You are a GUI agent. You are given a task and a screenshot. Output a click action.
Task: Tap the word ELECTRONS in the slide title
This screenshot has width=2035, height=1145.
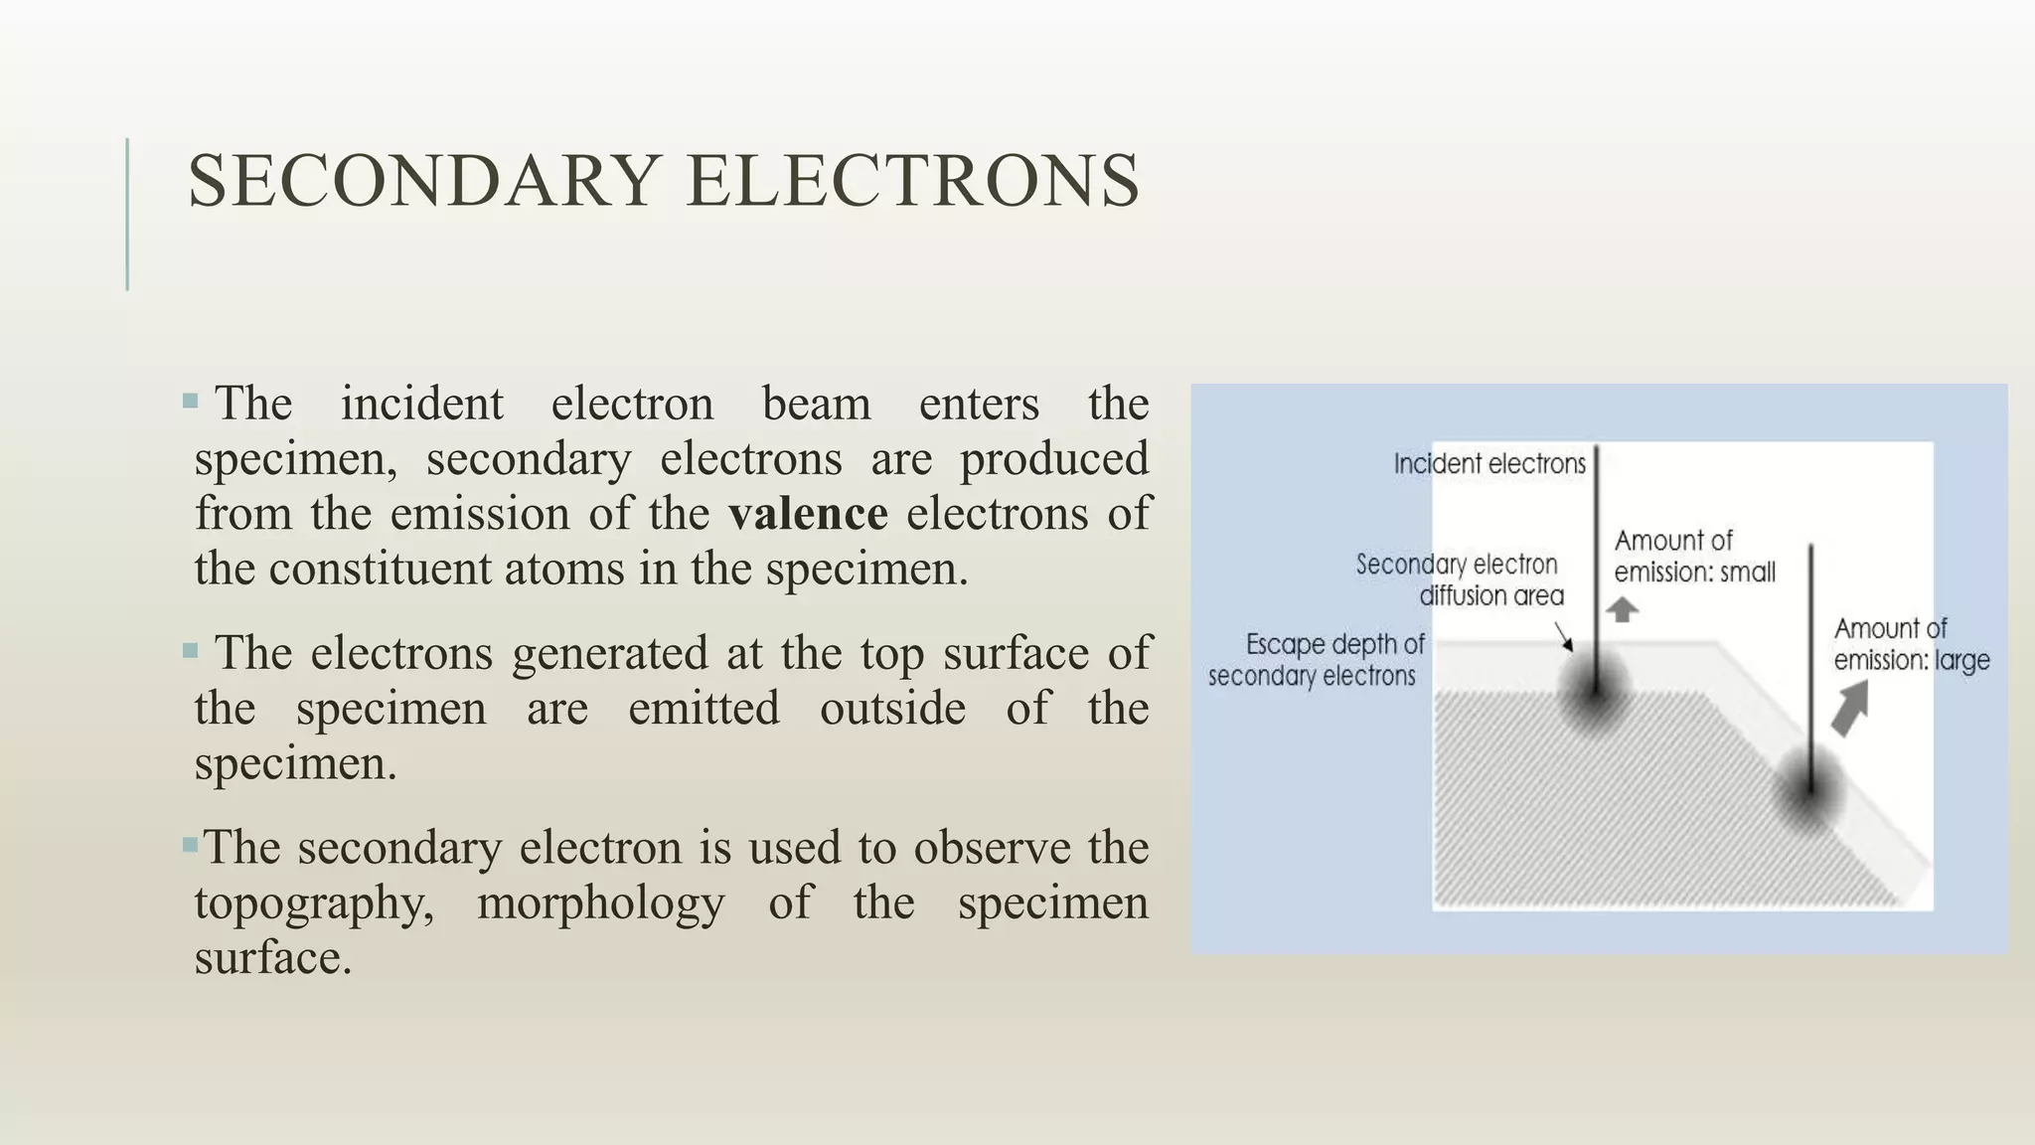coord(912,181)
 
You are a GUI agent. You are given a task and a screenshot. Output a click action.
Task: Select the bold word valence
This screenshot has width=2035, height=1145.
coord(808,514)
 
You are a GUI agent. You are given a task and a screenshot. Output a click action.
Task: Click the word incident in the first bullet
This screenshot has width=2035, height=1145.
coord(421,404)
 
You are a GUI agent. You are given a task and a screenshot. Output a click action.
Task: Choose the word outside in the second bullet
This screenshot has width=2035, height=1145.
coord(892,709)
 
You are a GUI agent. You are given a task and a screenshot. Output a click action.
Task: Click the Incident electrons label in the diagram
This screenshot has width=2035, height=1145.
coord(1488,464)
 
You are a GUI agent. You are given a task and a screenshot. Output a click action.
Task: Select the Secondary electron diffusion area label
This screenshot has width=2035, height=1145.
coord(1459,579)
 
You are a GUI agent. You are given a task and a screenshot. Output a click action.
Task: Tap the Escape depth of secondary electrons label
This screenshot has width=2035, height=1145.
coord(1317,660)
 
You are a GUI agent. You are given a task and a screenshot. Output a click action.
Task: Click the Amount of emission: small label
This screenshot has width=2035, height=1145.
coord(1693,557)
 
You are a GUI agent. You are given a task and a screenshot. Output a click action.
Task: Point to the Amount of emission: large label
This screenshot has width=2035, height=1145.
coord(1910,644)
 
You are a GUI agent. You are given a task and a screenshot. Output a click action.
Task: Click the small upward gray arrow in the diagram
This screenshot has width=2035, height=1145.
coord(1622,608)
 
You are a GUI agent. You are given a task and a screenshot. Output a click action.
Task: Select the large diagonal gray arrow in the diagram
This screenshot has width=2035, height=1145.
coord(1849,709)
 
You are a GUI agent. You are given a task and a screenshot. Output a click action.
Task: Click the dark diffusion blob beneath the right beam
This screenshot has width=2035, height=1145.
coord(1809,793)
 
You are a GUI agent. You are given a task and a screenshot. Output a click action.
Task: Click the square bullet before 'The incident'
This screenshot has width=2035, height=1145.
coord(191,402)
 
